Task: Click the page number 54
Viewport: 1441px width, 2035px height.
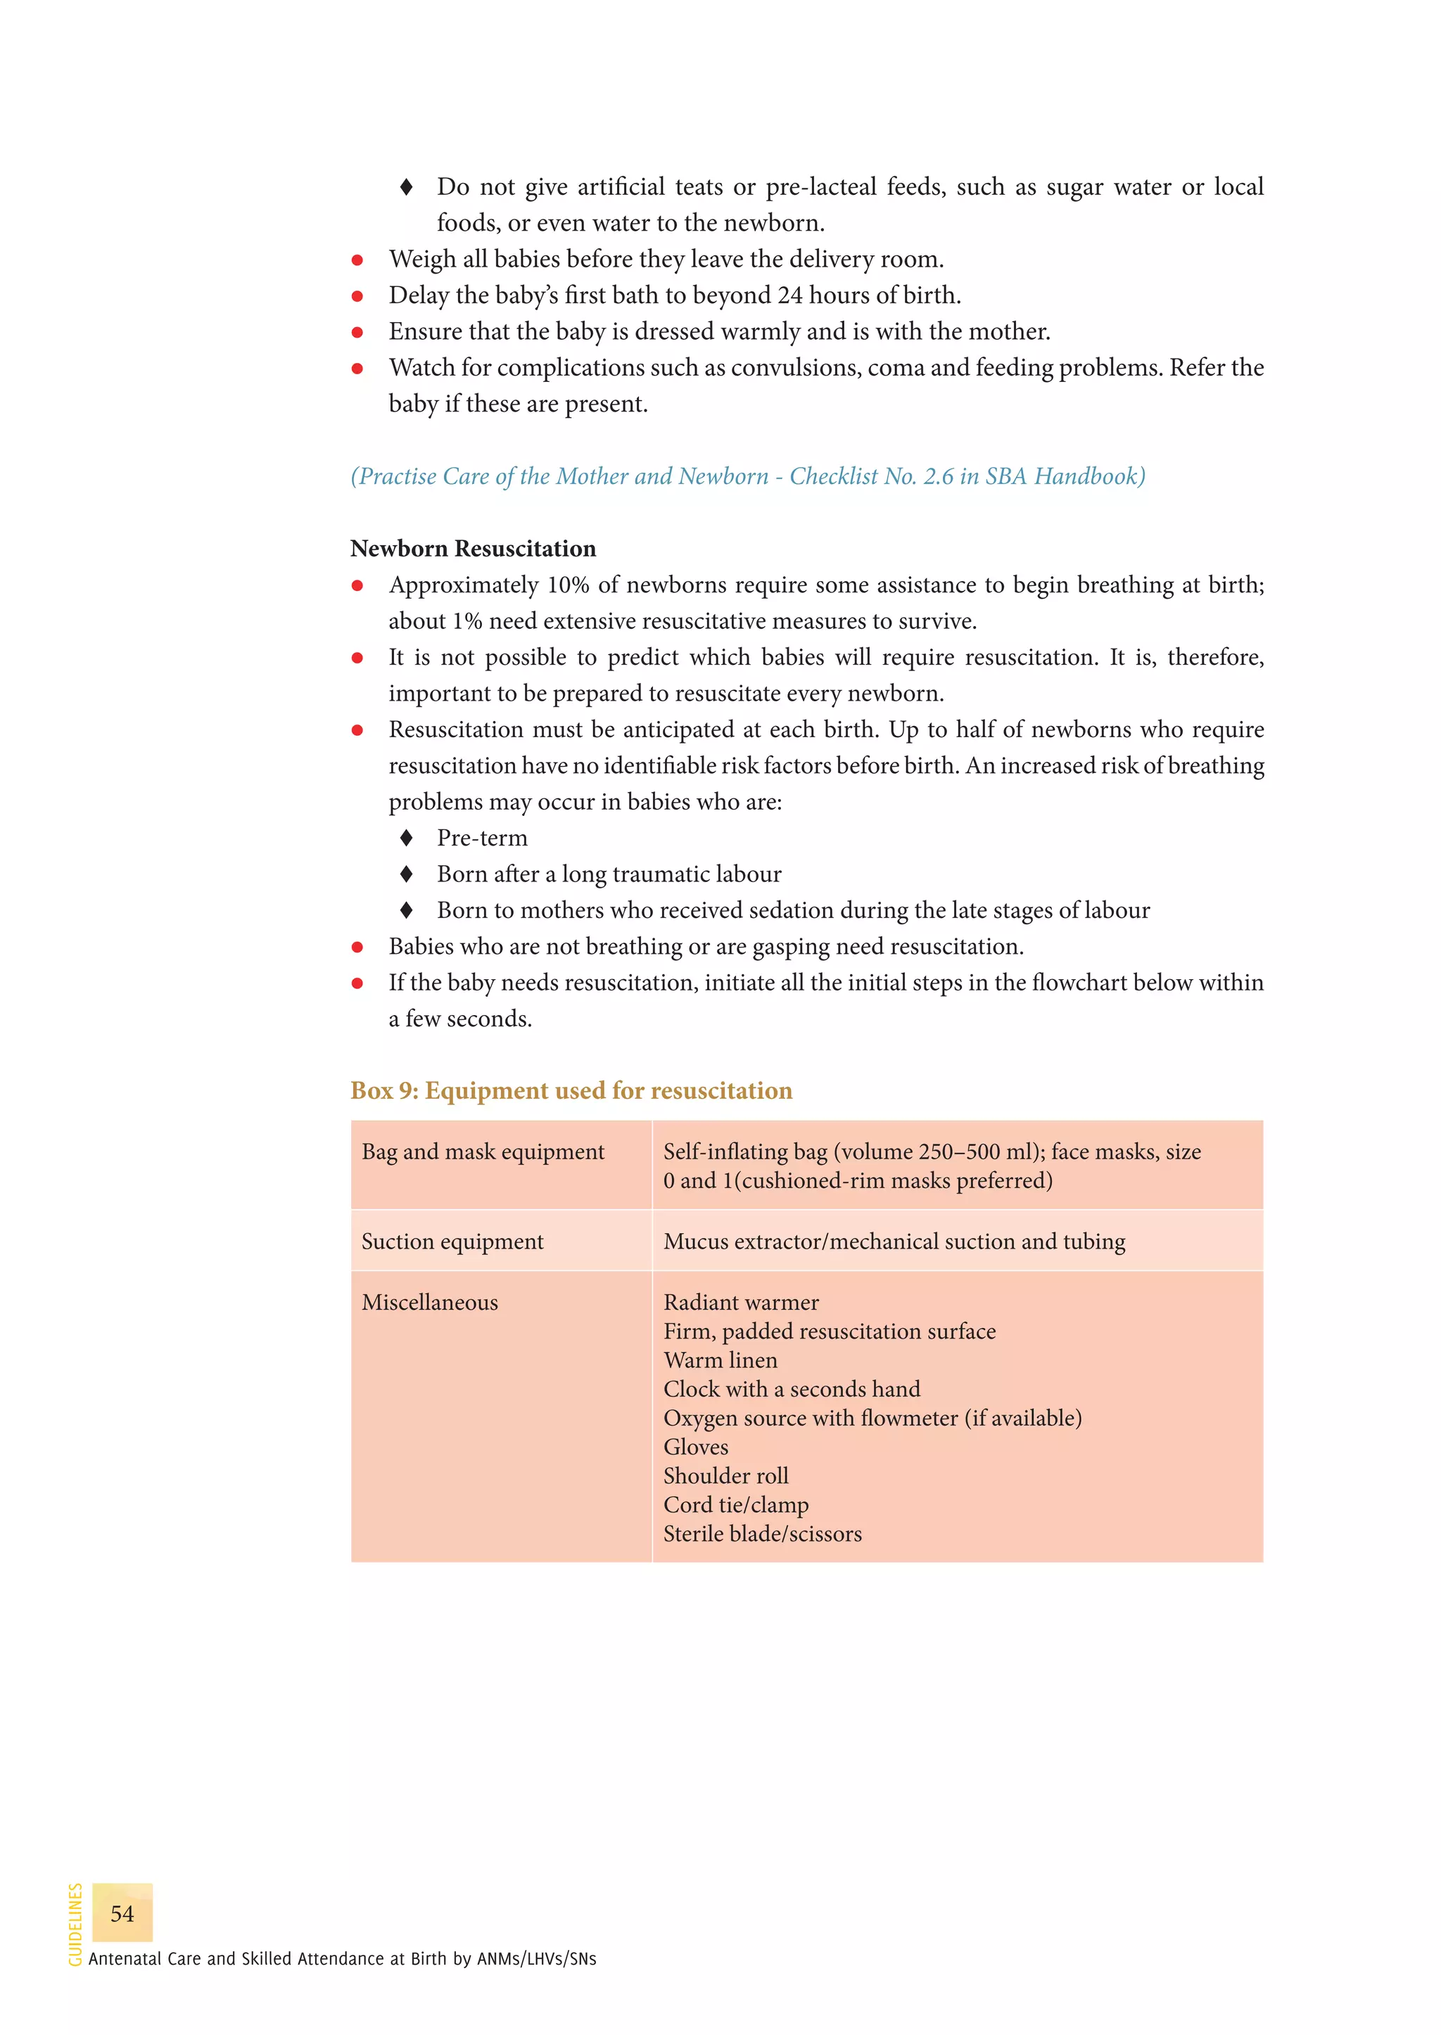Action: [122, 1913]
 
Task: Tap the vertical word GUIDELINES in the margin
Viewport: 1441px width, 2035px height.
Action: [75, 1924]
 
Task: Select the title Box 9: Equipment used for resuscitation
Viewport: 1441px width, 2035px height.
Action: [571, 1090]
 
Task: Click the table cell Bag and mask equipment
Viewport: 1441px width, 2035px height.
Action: [483, 1152]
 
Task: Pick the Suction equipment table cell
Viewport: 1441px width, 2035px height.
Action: [452, 1241]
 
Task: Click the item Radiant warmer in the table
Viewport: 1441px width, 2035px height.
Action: [741, 1302]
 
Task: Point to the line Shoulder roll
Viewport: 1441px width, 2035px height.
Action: [726, 1475]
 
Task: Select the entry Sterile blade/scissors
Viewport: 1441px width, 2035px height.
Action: [762, 1533]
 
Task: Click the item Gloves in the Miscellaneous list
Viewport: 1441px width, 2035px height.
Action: [696, 1447]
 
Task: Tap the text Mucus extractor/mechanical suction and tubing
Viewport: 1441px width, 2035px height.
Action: [894, 1241]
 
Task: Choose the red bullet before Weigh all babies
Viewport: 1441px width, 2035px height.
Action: [357, 260]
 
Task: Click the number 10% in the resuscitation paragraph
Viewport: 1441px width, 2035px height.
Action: [568, 585]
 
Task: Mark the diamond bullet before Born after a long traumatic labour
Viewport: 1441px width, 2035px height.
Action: [407, 874]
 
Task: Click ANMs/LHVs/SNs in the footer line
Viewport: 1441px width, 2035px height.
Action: [536, 1959]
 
